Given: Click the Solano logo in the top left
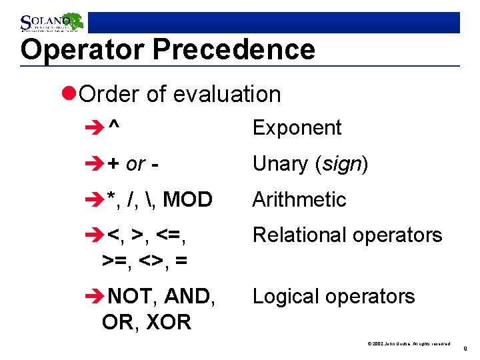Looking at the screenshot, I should (x=51, y=22).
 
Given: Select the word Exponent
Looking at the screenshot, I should (x=297, y=128).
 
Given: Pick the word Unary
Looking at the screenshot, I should (x=280, y=164).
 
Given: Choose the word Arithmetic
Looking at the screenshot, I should (x=299, y=200).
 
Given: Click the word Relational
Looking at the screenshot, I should (x=297, y=235).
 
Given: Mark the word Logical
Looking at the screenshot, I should (x=287, y=297).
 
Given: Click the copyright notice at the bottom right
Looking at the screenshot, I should (x=409, y=344).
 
